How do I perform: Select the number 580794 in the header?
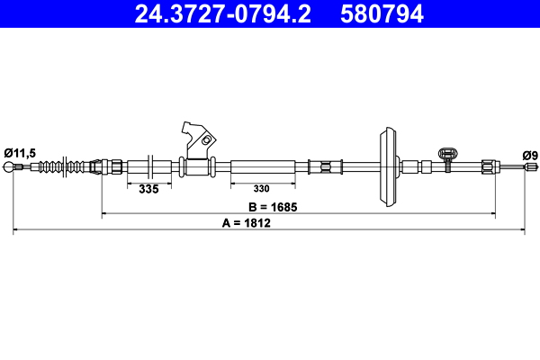[381, 13]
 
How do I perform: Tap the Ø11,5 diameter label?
[19, 153]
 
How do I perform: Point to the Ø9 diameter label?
[530, 155]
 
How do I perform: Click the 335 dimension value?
[148, 190]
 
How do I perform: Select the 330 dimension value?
[260, 190]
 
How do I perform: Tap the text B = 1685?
[273, 206]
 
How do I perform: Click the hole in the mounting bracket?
[208, 140]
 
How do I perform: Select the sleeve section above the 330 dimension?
[263, 166]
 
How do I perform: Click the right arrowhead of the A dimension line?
[523, 231]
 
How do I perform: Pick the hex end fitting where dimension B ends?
[489, 166]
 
